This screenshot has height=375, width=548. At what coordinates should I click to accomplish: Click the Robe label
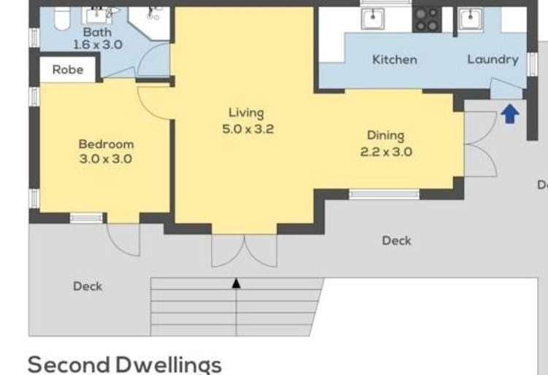pos(68,70)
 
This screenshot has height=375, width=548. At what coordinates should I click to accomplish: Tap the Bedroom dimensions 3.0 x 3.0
pos(105,159)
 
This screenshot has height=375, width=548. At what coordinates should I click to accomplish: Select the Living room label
pos(246,113)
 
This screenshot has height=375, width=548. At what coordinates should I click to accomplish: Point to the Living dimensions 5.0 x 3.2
pos(248,129)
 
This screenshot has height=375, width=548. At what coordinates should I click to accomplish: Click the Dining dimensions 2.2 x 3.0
pos(387,152)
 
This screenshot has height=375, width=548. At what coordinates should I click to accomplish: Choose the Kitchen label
pos(395,60)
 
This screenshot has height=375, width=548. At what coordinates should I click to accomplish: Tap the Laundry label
pos(492,60)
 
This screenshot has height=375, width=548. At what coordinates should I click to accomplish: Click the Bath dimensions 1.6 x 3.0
pos(98,45)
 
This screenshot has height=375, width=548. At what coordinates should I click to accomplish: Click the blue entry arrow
pos(510,113)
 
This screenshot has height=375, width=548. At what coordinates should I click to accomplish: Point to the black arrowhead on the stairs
pos(236,283)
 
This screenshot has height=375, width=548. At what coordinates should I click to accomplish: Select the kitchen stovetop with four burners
pos(427,20)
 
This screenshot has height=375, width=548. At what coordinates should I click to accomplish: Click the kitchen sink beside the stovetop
pos(373,18)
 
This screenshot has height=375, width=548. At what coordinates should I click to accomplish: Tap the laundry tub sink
pos(471,19)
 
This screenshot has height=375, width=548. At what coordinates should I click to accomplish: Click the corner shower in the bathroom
pos(150,23)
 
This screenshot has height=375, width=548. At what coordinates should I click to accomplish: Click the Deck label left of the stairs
pos(88,287)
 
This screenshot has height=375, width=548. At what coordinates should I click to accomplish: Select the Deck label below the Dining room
pos(397,241)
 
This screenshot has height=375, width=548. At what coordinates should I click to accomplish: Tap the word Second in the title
pos(69,364)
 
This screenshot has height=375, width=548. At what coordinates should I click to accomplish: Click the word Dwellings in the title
pos(169,365)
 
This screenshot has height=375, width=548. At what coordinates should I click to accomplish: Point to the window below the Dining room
pos(384,194)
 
